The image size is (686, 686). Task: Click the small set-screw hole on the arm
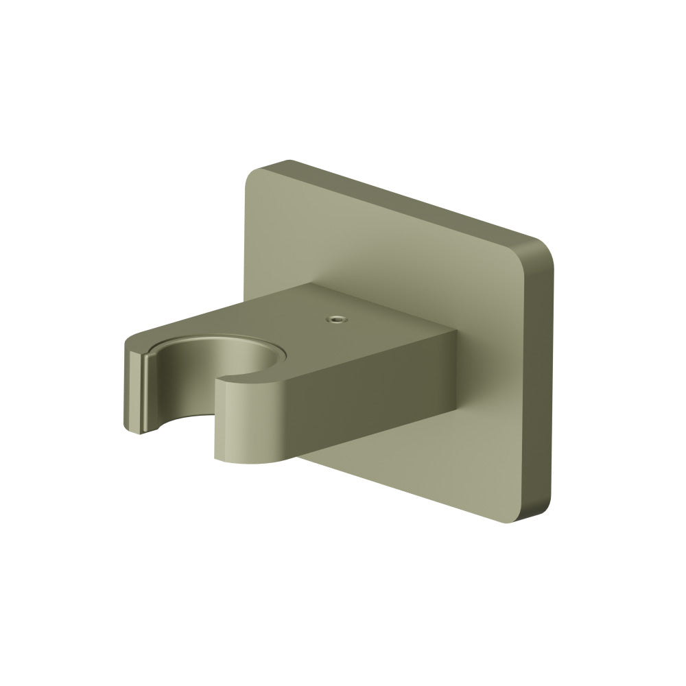335,319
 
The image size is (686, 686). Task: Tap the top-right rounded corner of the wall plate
542,247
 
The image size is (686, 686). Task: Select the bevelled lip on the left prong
145,391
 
